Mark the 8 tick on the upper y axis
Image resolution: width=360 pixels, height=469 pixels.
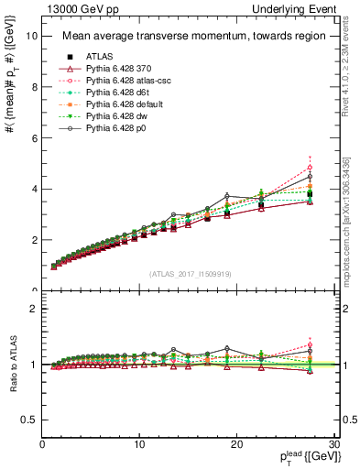[x=34, y=87]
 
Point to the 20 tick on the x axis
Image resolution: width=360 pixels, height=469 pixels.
[x=236, y=444]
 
